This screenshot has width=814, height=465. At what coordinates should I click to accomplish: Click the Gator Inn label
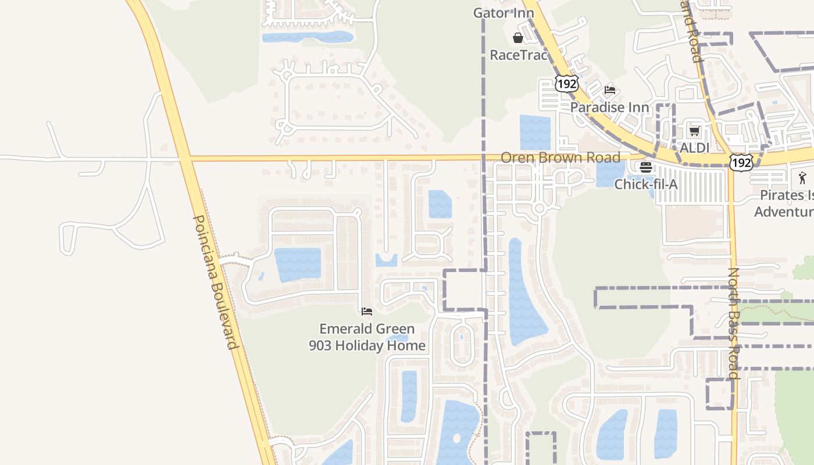[x=504, y=13]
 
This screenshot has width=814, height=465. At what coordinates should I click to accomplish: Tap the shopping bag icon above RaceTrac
[x=517, y=38]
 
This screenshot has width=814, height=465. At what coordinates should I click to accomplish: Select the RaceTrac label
[x=519, y=55]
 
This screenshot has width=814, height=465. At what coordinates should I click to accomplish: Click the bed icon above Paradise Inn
[x=610, y=90]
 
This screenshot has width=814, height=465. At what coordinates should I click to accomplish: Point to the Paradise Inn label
[x=609, y=107]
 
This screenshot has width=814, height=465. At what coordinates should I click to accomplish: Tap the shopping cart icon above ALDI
[x=694, y=131]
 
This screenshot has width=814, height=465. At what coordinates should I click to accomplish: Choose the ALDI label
[x=694, y=148]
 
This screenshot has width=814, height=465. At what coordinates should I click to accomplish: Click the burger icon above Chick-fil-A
[x=646, y=167]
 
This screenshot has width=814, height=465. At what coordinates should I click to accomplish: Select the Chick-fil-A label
[x=647, y=184]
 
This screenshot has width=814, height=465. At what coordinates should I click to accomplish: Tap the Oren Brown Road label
[x=560, y=158]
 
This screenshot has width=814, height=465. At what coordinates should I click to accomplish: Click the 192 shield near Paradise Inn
[x=566, y=83]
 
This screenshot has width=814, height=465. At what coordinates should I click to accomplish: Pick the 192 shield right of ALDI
[x=742, y=162]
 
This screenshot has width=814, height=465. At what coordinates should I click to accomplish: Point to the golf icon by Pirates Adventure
[x=803, y=177]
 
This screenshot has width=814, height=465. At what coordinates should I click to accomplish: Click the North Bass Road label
[x=734, y=323]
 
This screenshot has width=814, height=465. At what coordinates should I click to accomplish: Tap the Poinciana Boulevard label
[x=216, y=282]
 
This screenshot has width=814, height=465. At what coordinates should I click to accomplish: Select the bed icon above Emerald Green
[x=367, y=312]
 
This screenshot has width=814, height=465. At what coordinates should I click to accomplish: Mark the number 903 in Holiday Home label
[x=320, y=346]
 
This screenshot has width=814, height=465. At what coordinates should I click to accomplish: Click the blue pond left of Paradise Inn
[x=534, y=133]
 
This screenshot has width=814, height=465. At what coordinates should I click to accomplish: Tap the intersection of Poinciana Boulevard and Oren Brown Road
[x=185, y=158]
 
